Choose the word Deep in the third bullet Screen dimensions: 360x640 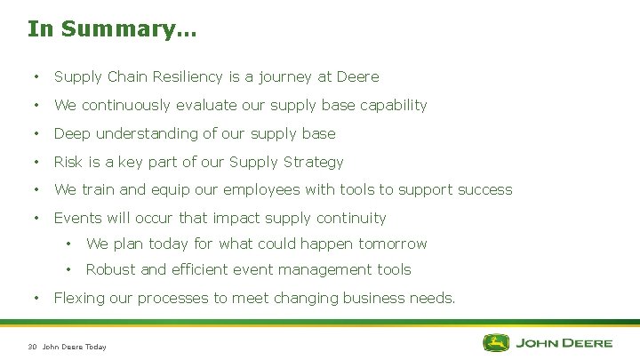72,133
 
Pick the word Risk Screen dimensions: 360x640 68,162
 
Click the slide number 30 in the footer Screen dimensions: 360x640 32,347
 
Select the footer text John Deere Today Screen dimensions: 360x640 75,347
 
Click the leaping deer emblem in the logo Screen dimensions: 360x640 495,342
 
